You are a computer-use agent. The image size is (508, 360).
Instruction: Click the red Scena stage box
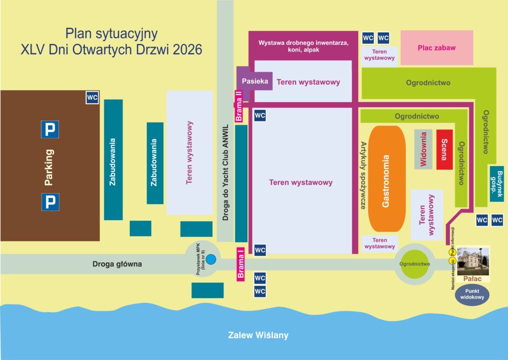(444, 150)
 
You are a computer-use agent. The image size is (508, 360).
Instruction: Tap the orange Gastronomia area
(387, 179)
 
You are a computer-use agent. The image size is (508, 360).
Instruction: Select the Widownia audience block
(423, 149)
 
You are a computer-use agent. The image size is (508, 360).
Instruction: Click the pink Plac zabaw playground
(437, 48)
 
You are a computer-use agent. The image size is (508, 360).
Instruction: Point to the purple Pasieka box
(255, 80)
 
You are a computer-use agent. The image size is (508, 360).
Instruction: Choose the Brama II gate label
(239, 106)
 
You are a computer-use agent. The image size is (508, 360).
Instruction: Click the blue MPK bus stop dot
(211, 259)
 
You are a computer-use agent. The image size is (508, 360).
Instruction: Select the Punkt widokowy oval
(472, 295)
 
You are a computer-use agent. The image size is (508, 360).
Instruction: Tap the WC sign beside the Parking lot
(92, 98)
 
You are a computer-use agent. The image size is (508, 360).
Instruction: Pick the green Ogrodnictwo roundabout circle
(414, 264)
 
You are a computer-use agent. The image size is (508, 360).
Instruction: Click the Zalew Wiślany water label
(258, 335)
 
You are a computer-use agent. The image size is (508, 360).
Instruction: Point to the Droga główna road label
(117, 264)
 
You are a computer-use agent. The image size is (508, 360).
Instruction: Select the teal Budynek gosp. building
(497, 182)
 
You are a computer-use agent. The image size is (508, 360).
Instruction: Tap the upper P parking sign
(50, 129)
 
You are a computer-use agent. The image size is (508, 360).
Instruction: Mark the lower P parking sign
(50, 202)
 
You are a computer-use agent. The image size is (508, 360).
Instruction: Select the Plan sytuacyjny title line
(112, 34)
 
